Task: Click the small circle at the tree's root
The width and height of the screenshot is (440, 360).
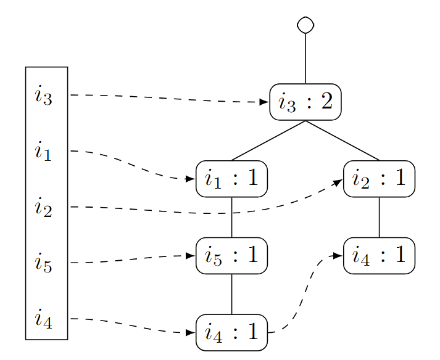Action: pyautogui.click(x=305, y=25)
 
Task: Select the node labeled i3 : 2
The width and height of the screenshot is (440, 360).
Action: pyautogui.click(x=305, y=102)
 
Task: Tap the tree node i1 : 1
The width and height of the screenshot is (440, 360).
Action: pyautogui.click(x=231, y=179)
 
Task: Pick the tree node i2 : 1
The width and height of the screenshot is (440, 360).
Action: pyautogui.click(x=379, y=179)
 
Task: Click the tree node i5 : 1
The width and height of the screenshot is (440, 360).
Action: pyautogui.click(x=231, y=255)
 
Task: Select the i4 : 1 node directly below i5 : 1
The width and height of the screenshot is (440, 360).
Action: pyautogui.click(x=231, y=332)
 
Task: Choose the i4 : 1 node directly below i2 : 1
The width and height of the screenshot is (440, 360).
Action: pyautogui.click(x=379, y=255)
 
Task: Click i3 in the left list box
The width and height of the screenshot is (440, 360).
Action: pyautogui.click(x=44, y=96)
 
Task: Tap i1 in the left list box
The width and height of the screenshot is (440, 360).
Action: pyautogui.click(x=44, y=151)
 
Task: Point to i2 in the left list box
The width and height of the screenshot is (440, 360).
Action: pyautogui.click(x=44, y=208)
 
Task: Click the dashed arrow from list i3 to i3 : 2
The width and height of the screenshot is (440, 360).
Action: pyautogui.click(x=167, y=98)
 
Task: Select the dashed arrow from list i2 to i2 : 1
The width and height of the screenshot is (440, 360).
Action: pyautogui.click(x=216, y=213)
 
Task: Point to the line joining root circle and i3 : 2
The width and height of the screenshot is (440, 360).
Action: pyautogui.click(x=305, y=59)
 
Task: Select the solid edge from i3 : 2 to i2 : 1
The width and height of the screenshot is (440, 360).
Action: pyautogui.click(x=342, y=141)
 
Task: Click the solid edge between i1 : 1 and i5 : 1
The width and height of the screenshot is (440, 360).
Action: pyautogui.click(x=231, y=217)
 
